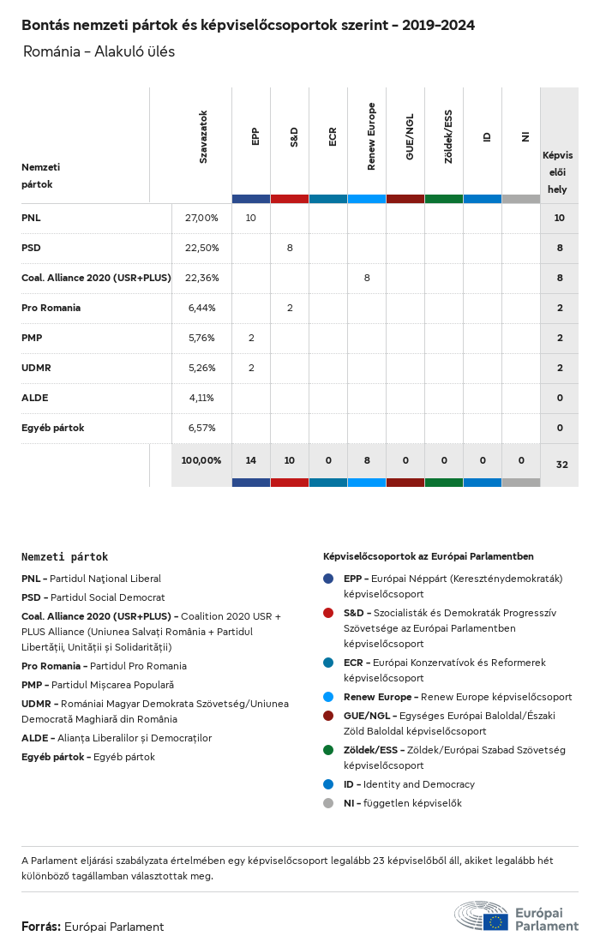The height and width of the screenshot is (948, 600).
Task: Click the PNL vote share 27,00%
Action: pyautogui.click(x=201, y=218)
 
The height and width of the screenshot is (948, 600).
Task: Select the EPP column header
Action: pyautogui.click(x=255, y=137)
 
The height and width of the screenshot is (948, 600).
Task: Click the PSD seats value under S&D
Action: pyautogui.click(x=290, y=248)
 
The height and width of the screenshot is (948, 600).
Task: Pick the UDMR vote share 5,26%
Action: pyautogui.click(x=201, y=368)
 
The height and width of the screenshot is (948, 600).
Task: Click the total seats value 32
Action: pyautogui.click(x=561, y=465)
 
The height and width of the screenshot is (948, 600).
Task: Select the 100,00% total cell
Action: pyautogui.click(x=201, y=460)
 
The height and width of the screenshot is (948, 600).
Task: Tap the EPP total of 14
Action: pyautogui.click(x=250, y=460)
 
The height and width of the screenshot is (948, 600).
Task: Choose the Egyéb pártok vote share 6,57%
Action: pyautogui.click(x=201, y=428)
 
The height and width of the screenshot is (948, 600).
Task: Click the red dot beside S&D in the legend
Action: pyautogui.click(x=329, y=613)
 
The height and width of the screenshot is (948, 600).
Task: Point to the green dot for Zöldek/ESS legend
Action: pyautogui.click(x=329, y=750)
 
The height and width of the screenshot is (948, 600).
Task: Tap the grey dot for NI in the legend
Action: pyautogui.click(x=329, y=803)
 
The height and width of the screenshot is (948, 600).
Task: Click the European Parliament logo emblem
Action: pyautogui.click(x=481, y=916)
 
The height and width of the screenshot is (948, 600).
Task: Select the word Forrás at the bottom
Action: pyautogui.click(x=40, y=927)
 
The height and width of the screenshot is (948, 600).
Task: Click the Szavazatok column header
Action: pyautogui.click(x=203, y=137)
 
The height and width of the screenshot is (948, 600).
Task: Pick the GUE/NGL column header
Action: pyautogui.click(x=410, y=137)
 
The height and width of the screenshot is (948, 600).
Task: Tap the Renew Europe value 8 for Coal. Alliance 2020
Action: pyautogui.click(x=367, y=278)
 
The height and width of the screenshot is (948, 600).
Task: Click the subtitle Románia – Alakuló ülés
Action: pyautogui.click(x=99, y=51)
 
